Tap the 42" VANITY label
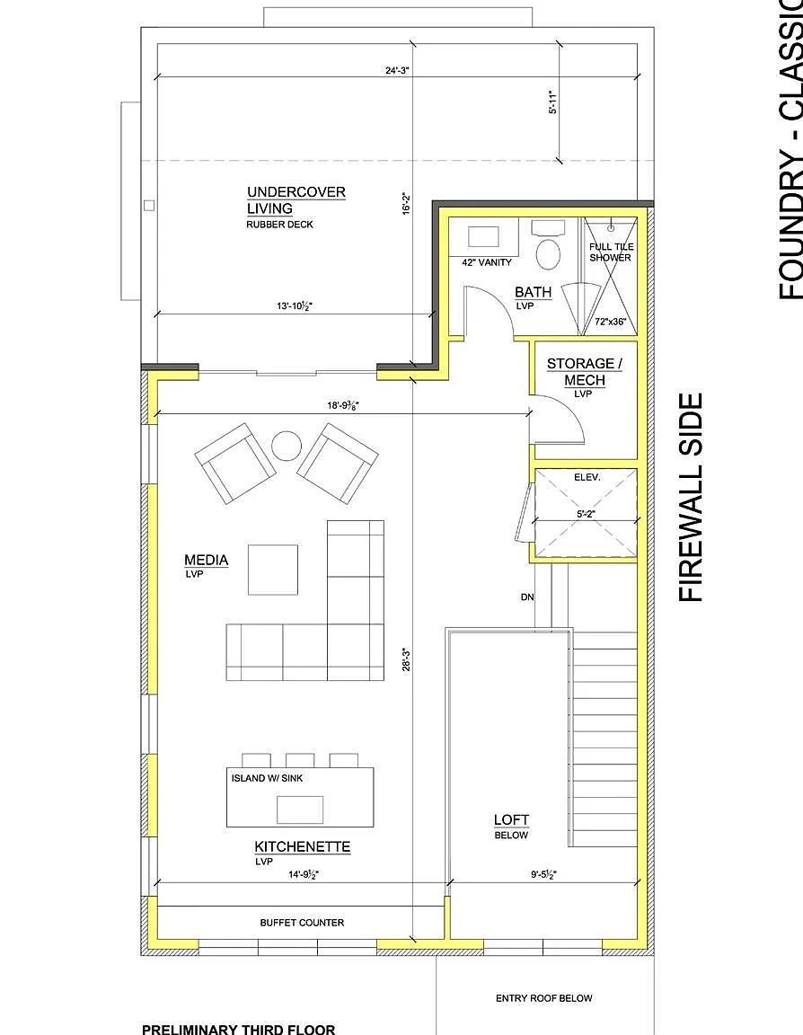[x=486, y=262]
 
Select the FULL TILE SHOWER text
[x=611, y=252]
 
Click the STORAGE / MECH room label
[x=585, y=372]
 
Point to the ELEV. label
[x=587, y=477]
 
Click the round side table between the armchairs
[x=287, y=447]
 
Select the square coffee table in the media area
[x=273, y=570]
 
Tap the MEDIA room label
[x=207, y=561]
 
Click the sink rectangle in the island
[x=300, y=809]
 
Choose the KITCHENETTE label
[x=302, y=847]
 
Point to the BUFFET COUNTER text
[x=302, y=923]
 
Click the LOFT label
[x=511, y=819]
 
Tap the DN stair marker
[x=527, y=597]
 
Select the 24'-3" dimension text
[x=398, y=69]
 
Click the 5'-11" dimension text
[x=553, y=102]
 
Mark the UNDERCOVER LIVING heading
[x=296, y=200]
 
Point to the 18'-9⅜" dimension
[x=343, y=405]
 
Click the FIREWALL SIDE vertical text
[x=691, y=498]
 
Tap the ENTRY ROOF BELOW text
[x=543, y=998]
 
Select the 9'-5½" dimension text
[x=543, y=874]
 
